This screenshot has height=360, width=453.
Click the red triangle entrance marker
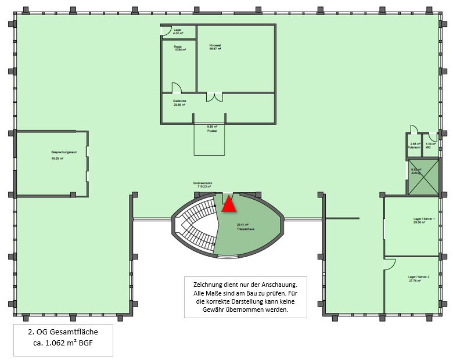pyautogui.click(x=229, y=204)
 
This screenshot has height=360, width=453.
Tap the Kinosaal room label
pyautogui.click(x=215, y=46)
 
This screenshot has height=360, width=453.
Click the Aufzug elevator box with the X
pyautogui.click(x=424, y=178)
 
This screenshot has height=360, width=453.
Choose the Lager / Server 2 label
pyautogui.click(x=418, y=279)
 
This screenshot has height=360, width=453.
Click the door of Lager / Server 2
pyautogui.click(x=389, y=263)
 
